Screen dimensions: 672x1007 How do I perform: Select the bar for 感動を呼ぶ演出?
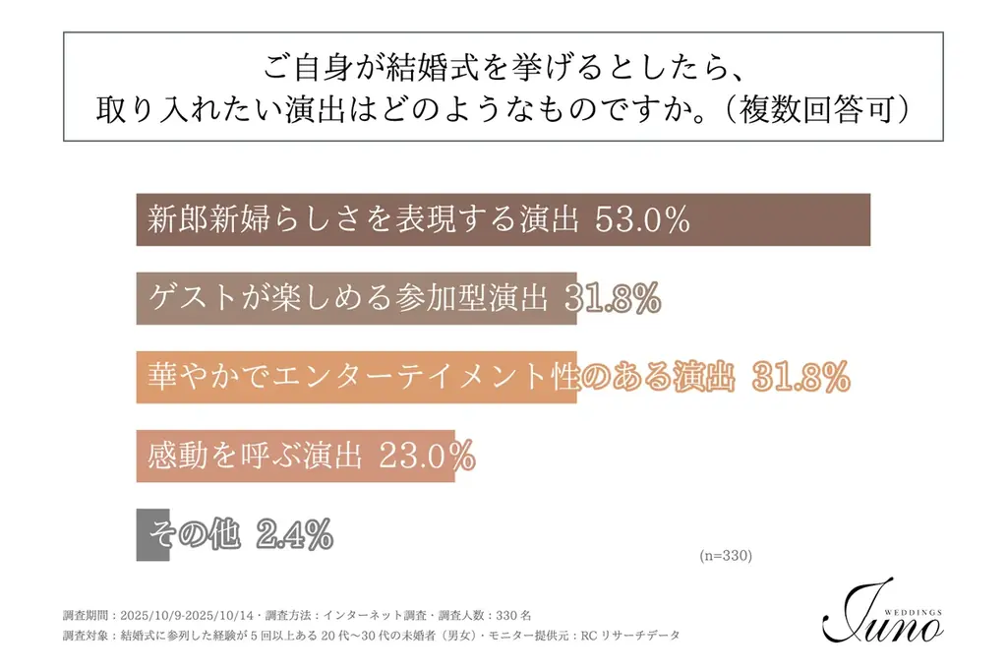pyautogui.click(x=295, y=456)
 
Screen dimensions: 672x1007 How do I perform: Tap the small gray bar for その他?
pyautogui.click(x=152, y=534)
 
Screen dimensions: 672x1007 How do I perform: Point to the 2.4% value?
pyautogui.click(x=294, y=534)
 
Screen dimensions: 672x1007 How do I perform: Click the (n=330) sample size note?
pyautogui.click(x=726, y=556)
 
